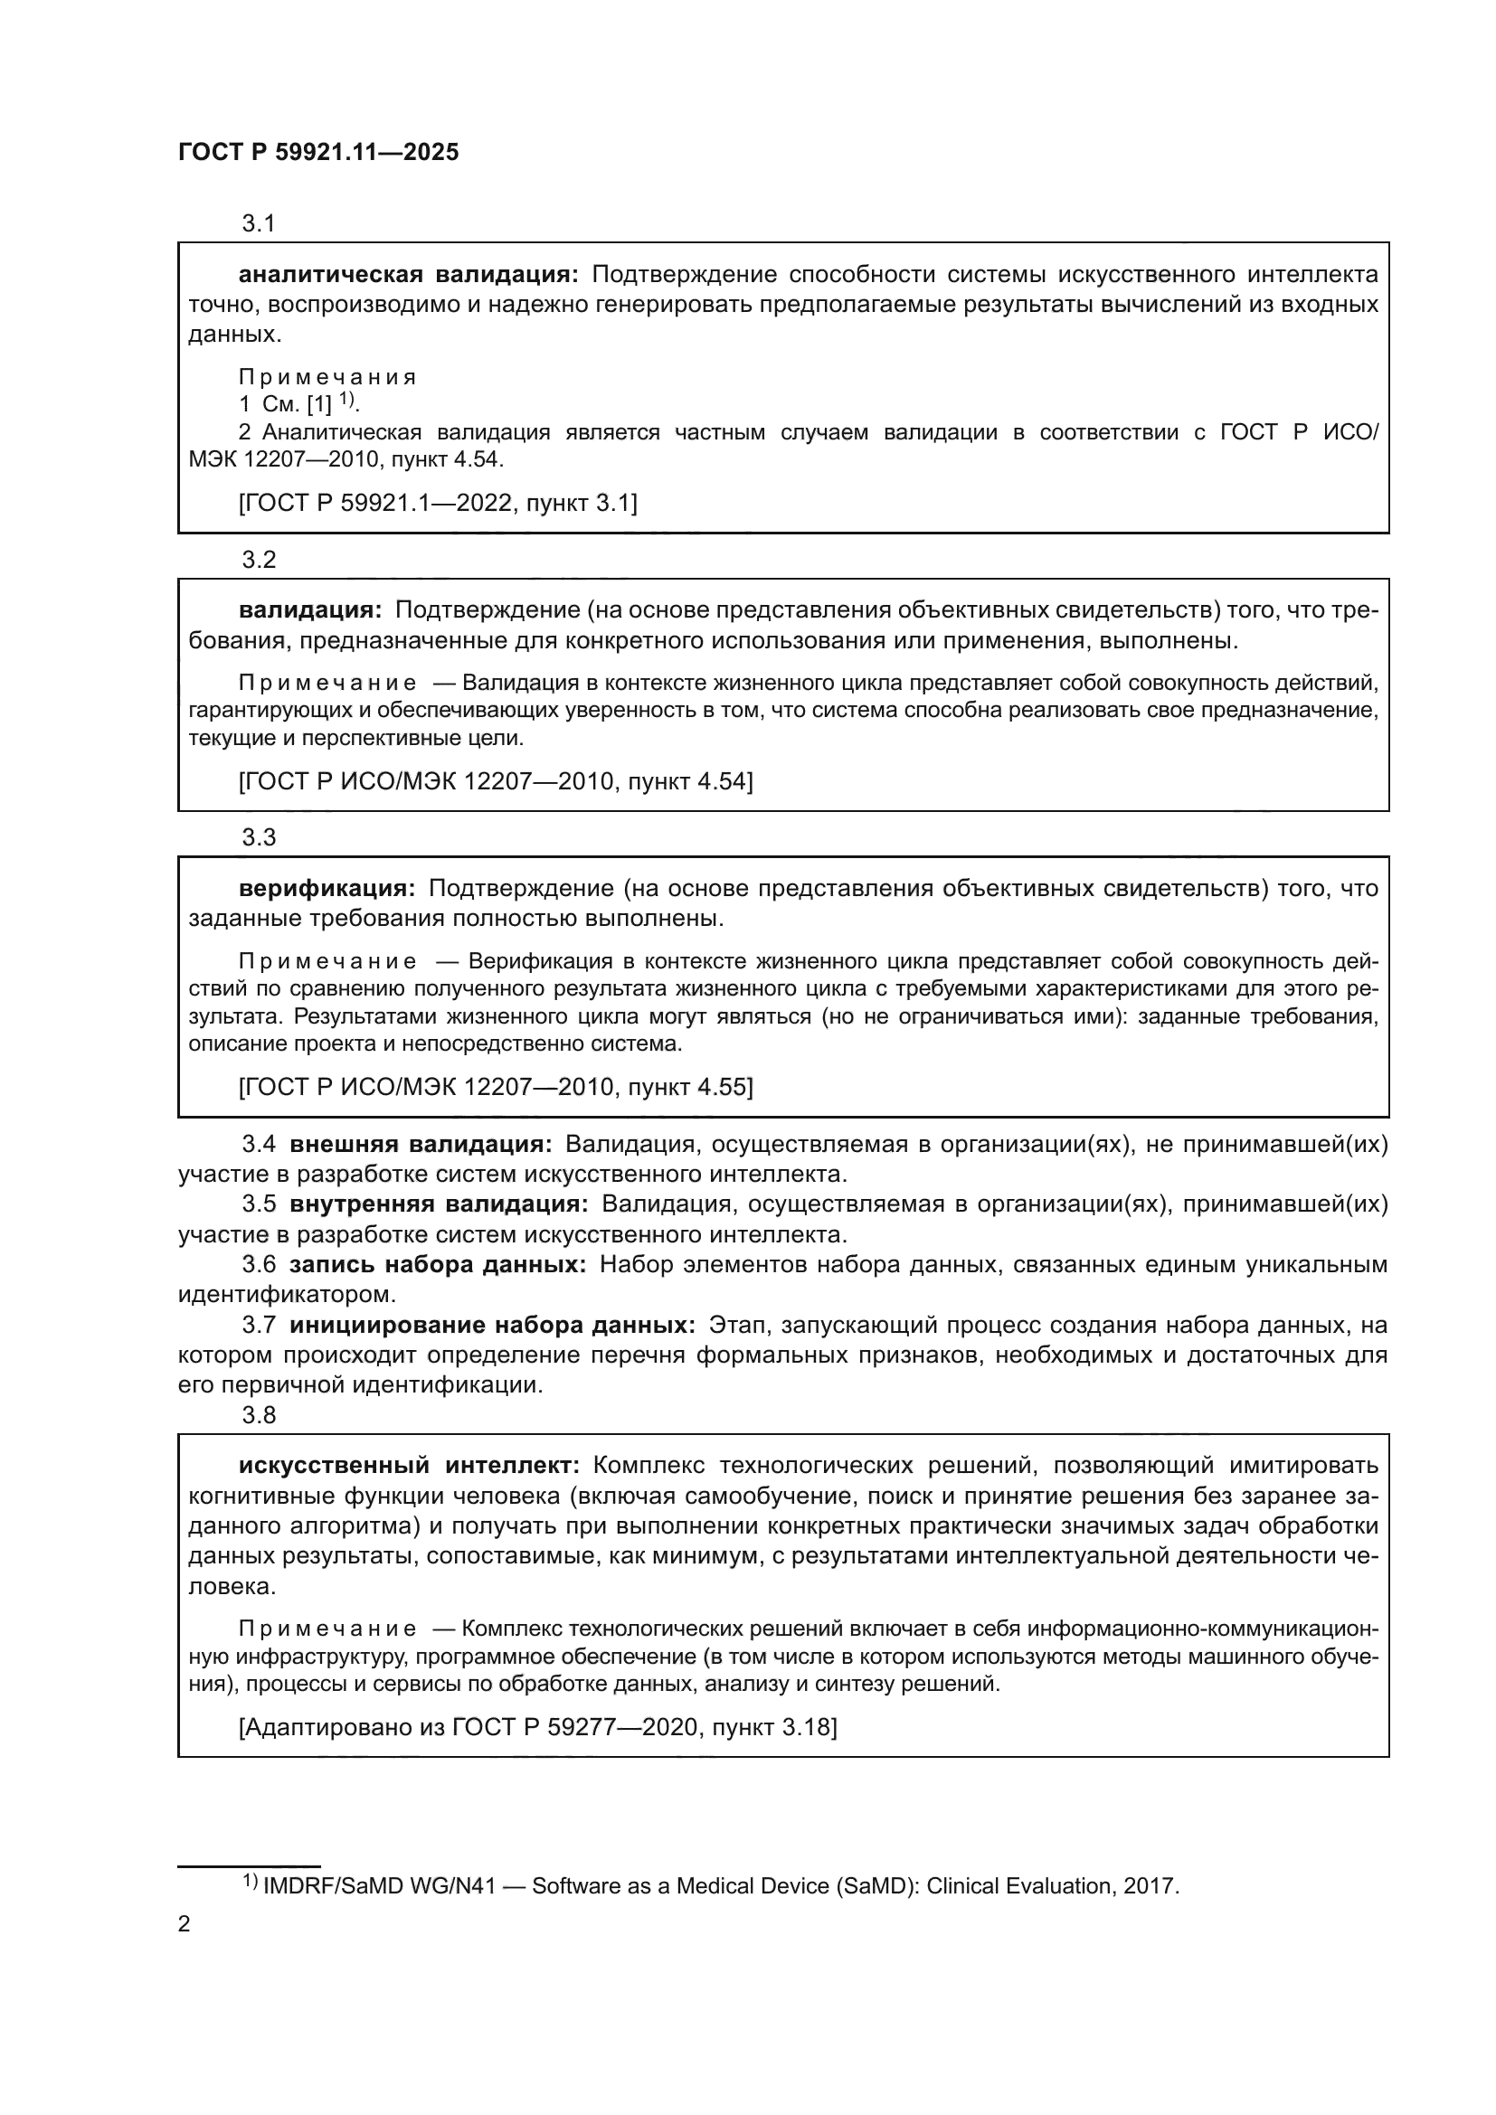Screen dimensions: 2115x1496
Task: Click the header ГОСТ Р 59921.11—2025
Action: [x=317, y=153]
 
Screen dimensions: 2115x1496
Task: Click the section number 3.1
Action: [x=259, y=223]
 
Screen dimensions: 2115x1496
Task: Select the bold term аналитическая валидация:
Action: [x=408, y=275]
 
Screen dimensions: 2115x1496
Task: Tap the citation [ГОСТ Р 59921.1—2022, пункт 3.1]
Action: [x=438, y=503]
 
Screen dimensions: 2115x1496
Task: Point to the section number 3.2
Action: [x=259, y=559]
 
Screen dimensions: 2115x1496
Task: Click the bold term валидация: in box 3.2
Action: [x=309, y=609]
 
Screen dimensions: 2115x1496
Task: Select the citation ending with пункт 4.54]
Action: [x=496, y=781]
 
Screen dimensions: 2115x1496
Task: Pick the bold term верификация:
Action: [x=327, y=888]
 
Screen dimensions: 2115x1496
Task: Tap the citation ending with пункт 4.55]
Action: [x=496, y=1087]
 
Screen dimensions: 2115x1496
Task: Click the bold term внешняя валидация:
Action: [x=420, y=1144]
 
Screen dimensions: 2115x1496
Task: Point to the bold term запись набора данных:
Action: [x=438, y=1264]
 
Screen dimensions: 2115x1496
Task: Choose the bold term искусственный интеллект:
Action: [x=409, y=1466]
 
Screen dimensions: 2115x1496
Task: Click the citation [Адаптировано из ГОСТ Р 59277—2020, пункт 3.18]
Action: [x=538, y=1727]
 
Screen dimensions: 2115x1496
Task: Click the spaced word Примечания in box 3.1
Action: [x=327, y=377]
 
